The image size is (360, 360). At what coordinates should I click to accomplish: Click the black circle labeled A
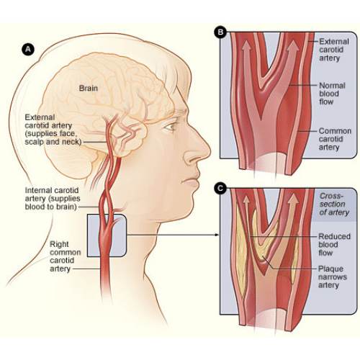[x=28, y=50]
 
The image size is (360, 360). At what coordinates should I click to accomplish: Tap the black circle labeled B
[x=220, y=32]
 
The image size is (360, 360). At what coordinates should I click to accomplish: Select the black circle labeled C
[x=220, y=189]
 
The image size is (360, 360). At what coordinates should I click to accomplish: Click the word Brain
[x=89, y=88]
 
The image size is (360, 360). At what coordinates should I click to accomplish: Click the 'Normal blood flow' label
[x=332, y=94]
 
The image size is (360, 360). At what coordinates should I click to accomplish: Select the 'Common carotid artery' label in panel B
[x=335, y=139]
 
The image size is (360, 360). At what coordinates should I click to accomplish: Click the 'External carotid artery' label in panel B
[x=334, y=50]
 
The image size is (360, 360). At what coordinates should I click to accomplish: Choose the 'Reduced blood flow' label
[x=334, y=245]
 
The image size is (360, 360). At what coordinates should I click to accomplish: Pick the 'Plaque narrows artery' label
[x=333, y=276]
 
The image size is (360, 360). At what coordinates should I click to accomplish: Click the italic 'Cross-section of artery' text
[x=334, y=204]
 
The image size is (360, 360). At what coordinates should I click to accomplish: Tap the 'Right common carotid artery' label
[x=65, y=256]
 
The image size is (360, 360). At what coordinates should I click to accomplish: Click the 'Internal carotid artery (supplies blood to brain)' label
[x=53, y=199]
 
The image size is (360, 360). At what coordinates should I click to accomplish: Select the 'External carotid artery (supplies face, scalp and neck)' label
[x=53, y=130]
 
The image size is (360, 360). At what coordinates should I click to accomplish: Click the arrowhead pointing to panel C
[x=217, y=235]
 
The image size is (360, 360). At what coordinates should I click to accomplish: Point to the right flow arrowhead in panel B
[x=293, y=45]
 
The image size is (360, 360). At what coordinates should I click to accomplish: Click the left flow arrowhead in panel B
[x=246, y=45]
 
